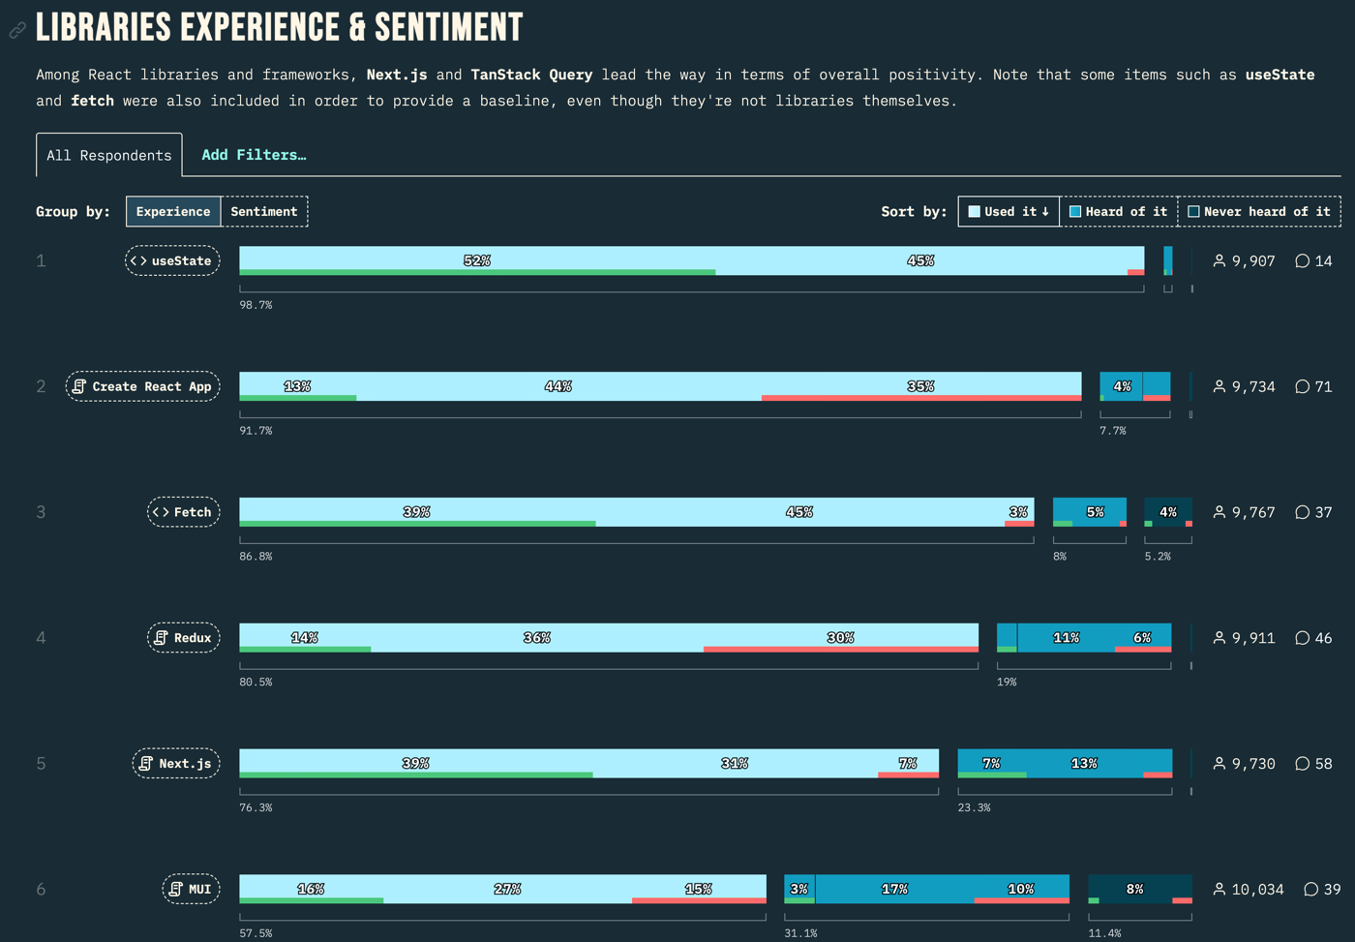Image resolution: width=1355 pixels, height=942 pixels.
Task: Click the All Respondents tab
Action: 108,155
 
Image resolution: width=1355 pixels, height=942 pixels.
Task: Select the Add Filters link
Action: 254,155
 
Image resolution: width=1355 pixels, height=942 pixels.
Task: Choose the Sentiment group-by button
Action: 264,211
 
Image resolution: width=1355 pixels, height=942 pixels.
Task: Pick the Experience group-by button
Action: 173,211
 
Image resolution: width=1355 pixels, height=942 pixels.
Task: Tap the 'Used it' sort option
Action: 1009,211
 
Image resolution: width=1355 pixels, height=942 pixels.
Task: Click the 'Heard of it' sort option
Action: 1119,211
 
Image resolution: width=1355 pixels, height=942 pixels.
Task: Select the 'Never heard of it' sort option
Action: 1259,211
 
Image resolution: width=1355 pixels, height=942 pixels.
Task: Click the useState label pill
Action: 172,260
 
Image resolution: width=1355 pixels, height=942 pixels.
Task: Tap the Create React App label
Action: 143,386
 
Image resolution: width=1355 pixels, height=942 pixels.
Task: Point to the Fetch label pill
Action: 183,512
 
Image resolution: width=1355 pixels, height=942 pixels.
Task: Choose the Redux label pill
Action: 183,638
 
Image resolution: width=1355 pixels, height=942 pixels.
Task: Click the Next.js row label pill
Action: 176,764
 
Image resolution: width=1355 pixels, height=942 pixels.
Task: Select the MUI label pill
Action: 191,889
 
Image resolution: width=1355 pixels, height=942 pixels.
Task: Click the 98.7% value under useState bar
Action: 256,305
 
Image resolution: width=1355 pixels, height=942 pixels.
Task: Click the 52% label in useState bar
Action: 477,260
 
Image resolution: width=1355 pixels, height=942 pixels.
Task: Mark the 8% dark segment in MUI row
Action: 1135,889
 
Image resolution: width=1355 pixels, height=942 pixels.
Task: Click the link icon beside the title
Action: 17,31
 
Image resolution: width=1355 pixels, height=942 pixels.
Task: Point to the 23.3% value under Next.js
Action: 974,807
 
